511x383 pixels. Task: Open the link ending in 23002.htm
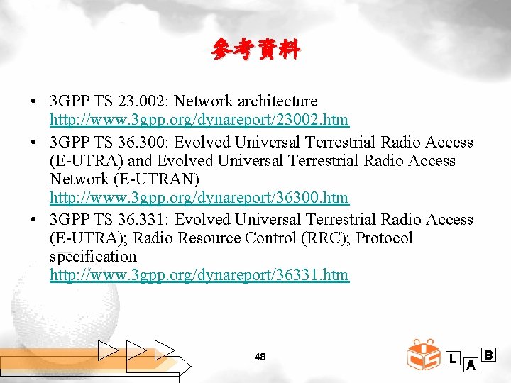pyautogui.click(x=199, y=119)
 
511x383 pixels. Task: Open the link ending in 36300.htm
pyautogui.click(x=199, y=198)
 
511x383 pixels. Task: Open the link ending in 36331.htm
pyautogui.click(x=199, y=274)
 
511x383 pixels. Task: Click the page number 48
pyautogui.click(x=260, y=357)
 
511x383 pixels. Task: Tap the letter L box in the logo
pyautogui.click(x=452, y=359)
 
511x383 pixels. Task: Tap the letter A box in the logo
pyautogui.click(x=470, y=365)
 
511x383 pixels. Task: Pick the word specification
pyautogui.click(x=93, y=257)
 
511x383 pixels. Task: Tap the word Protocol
pyautogui.click(x=384, y=238)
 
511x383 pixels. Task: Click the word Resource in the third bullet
pyautogui.click(x=209, y=238)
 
